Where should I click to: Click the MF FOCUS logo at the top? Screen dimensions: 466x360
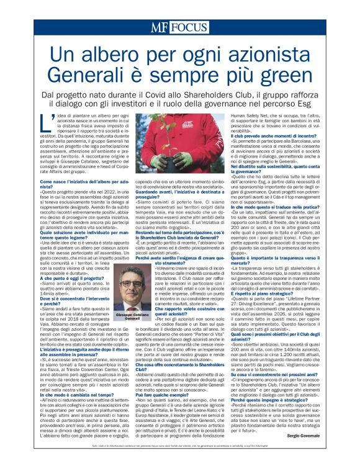(180, 28)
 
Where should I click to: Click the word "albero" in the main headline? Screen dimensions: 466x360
(122, 57)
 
